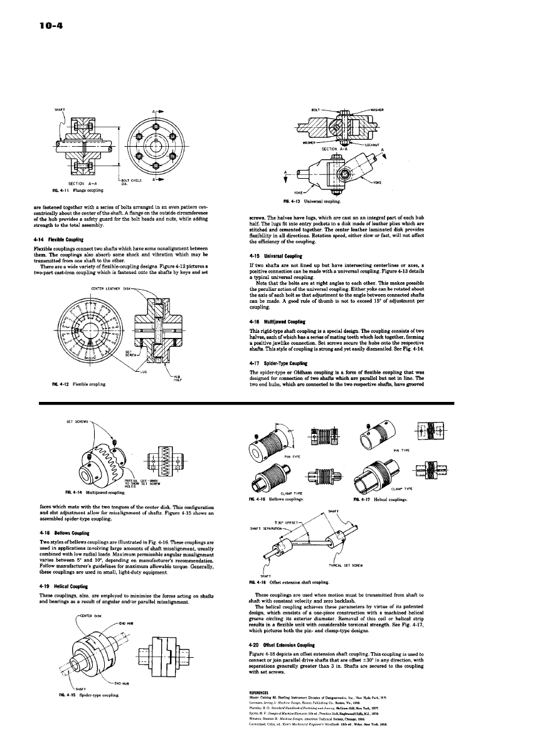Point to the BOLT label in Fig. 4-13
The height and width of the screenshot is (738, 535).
(315, 109)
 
